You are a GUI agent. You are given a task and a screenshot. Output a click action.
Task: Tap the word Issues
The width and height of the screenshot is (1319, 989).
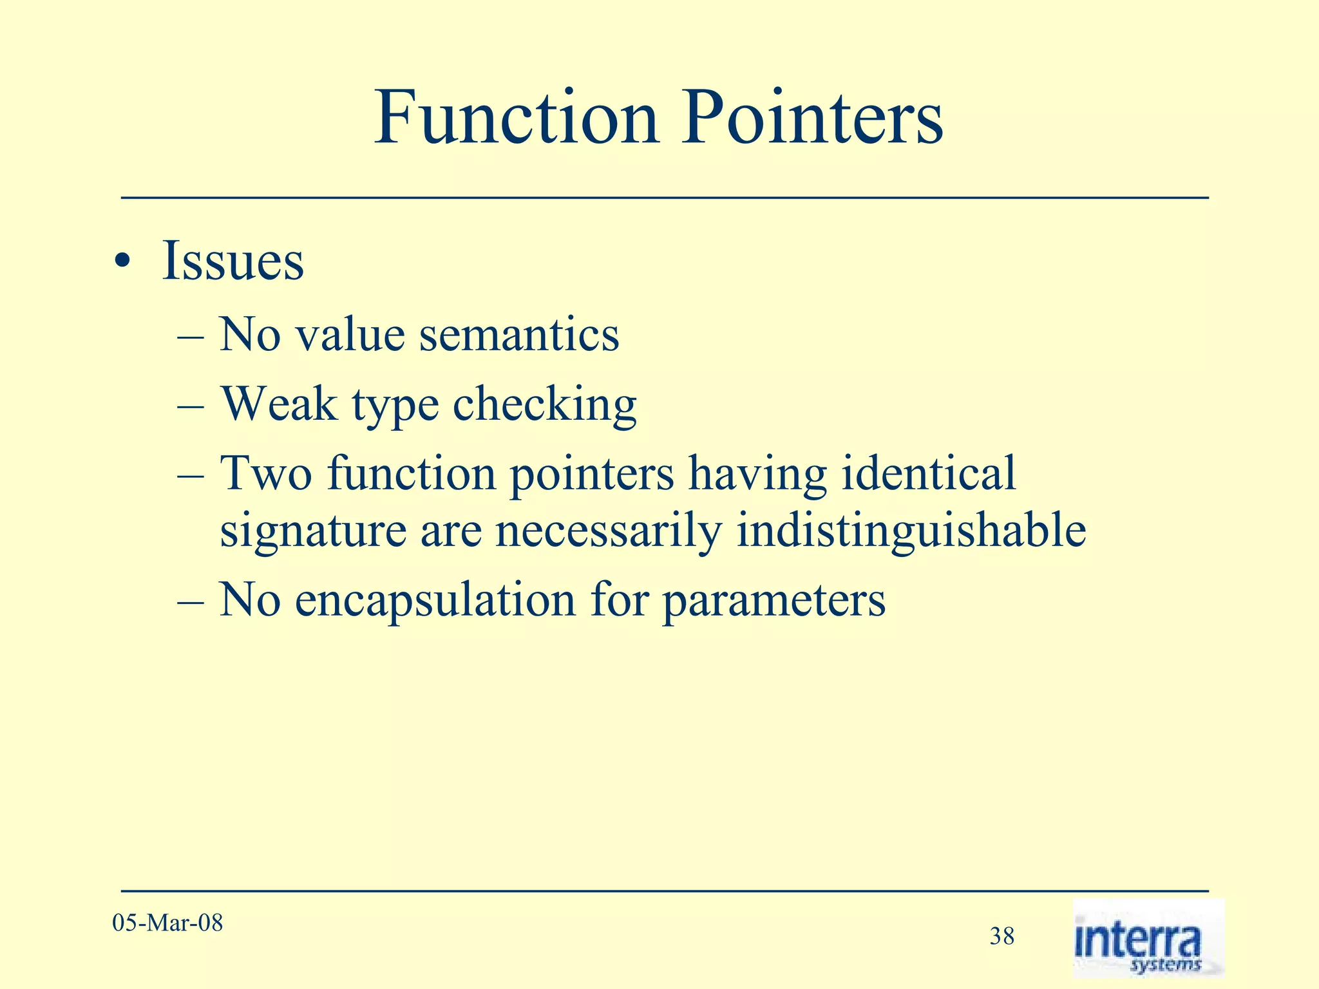pyautogui.click(x=232, y=261)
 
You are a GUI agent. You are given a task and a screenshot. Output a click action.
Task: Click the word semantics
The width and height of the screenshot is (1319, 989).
pyautogui.click(x=519, y=335)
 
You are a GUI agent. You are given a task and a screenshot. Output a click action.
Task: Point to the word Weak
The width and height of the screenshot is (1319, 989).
pyautogui.click(x=280, y=404)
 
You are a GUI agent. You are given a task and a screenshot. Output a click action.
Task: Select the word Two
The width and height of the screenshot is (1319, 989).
pyautogui.click(x=266, y=473)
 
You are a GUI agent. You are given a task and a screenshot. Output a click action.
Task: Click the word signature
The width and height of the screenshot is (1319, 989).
pyautogui.click(x=313, y=532)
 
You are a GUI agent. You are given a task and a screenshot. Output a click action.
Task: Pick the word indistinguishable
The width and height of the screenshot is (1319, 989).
pyautogui.click(x=911, y=532)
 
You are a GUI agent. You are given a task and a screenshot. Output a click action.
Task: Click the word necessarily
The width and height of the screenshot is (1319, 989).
pyautogui.click(x=608, y=532)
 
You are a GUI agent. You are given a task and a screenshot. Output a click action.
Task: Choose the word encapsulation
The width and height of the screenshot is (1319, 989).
pyautogui.click(x=435, y=600)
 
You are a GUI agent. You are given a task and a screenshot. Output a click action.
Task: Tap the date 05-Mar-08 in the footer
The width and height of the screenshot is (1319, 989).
pyautogui.click(x=167, y=923)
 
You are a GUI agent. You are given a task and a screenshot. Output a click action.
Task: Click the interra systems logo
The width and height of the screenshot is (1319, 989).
pyautogui.click(x=1148, y=938)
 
